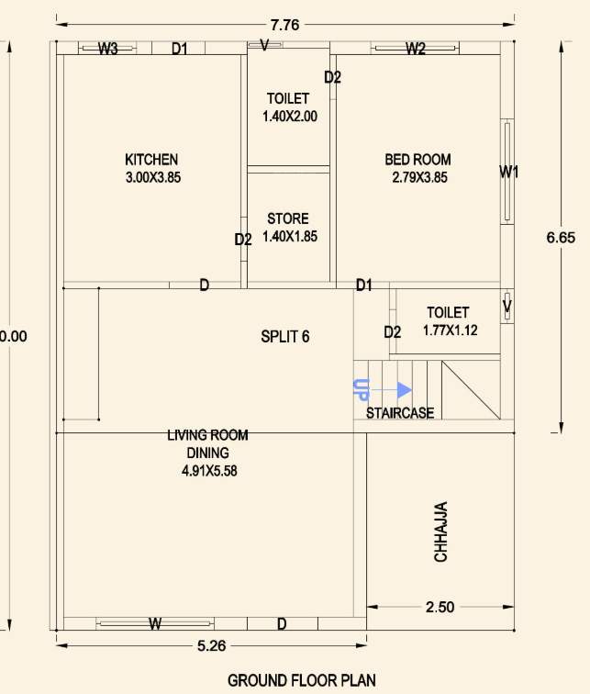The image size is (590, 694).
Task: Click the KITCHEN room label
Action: click(151, 160)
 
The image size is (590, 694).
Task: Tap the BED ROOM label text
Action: click(417, 160)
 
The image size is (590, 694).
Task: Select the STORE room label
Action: click(288, 219)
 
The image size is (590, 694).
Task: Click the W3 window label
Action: click(108, 50)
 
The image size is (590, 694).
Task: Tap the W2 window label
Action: click(416, 49)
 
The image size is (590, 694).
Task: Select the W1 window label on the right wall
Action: click(509, 172)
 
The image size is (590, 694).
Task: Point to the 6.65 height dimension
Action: click(561, 238)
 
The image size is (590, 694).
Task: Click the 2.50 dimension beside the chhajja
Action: click(440, 607)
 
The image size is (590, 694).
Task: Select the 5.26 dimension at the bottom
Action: click(211, 645)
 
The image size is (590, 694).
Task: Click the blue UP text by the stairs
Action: click(360, 389)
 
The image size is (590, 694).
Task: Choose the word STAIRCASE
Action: click(400, 413)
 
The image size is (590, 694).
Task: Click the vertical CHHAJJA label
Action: click(441, 532)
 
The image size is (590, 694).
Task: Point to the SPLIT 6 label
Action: click(285, 337)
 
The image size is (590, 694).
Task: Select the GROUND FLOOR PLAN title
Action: click(301, 680)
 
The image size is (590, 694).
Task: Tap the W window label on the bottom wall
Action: click(155, 624)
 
